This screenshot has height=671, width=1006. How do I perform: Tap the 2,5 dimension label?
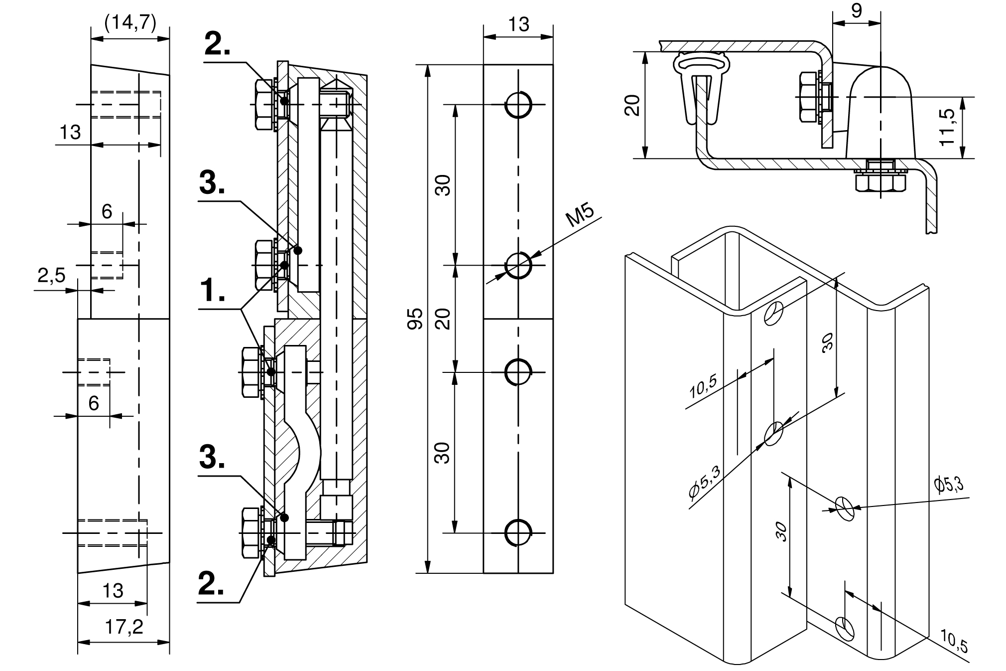click(x=51, y=275)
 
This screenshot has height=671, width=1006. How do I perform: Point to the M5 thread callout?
click(x=580, y=216)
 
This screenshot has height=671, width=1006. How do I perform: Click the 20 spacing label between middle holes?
click(x=444, y=319)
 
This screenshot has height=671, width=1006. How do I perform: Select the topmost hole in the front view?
click(x=518, y=105)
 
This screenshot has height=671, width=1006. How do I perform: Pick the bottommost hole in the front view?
click(x=518, y=532)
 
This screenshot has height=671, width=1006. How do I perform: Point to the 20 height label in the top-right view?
click(x=632, y=105)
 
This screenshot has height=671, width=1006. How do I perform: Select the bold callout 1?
click(x=212, y=291)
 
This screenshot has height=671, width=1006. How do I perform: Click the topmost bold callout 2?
click(x=218, y=45)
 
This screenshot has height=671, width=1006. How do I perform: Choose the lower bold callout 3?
click(x=212, y=458)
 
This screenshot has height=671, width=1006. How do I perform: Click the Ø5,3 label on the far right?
click(x=949, y=485)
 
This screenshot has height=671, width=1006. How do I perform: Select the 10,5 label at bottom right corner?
click(x=954, y=640)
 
